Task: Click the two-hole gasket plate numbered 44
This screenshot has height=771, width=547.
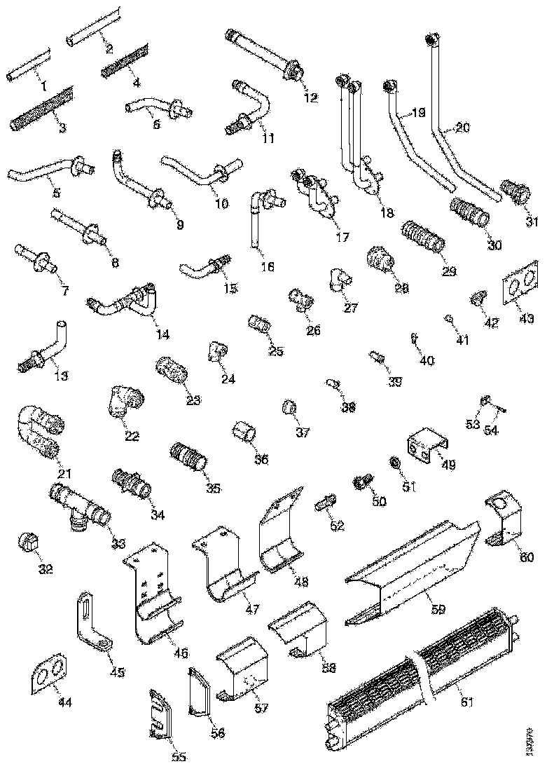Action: pyautogui.click(x=48, y=674)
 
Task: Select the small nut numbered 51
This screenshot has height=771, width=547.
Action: pyautogui.click(x=395, y=463)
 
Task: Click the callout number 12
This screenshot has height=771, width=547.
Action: pyautogui.click(x=310, y=97)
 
